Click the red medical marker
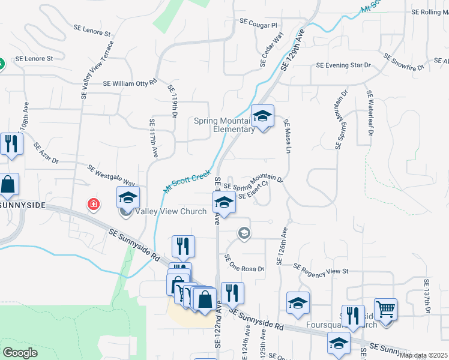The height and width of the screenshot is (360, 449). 94,204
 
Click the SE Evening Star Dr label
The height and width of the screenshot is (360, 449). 343,65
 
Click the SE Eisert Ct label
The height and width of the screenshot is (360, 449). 253,193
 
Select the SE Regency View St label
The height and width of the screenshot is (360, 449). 321,270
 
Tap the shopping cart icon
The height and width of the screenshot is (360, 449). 385,310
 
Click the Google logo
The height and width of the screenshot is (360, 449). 20,353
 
